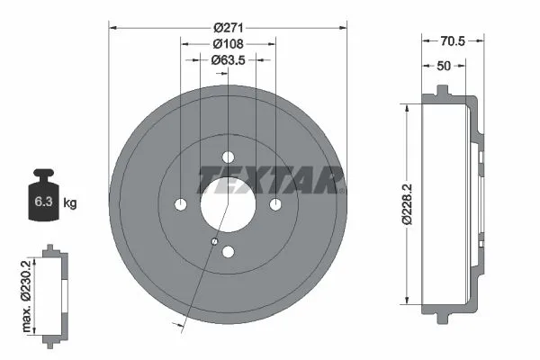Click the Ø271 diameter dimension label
click(228, 26)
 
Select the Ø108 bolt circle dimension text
click(228, 42)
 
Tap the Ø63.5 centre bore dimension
click(228, 59)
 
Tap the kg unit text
click(69, 203)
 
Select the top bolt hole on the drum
click(228, 156)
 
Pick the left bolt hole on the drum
click(180, 204)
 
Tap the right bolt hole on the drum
click(275, 204)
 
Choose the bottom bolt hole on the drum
click(228, 252)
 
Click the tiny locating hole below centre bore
click(213, 241)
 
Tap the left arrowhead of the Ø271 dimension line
click(112, 26)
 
